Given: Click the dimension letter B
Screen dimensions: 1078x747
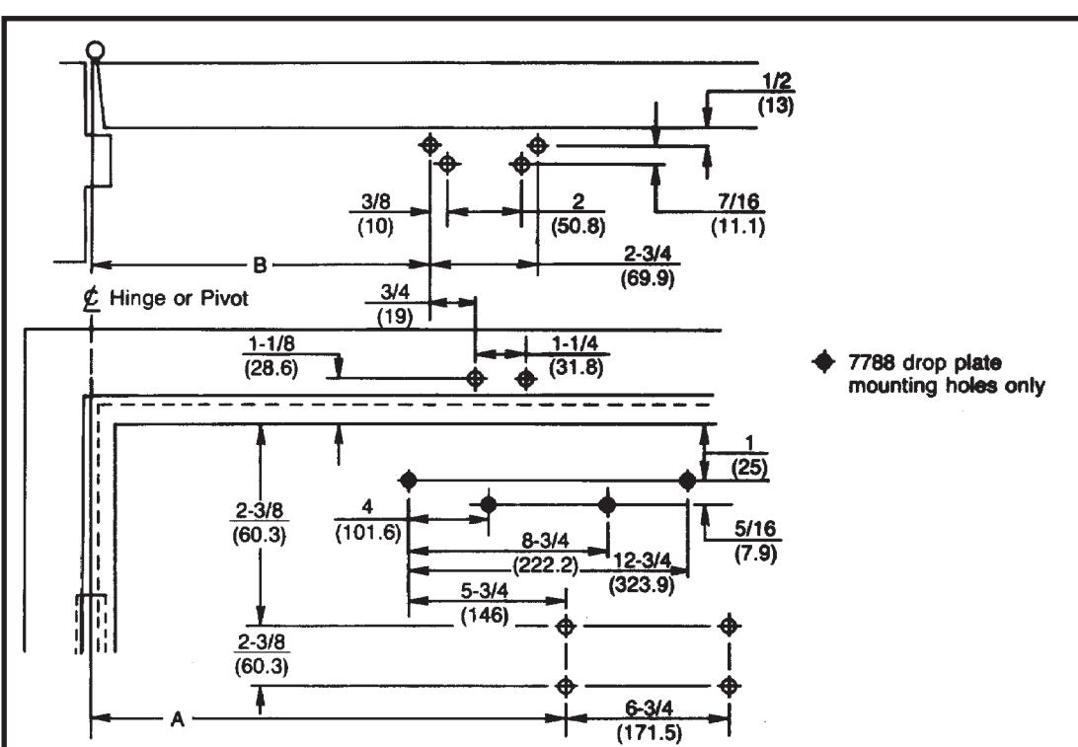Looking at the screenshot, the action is tap(260, 264).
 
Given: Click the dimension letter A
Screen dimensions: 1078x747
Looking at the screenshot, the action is tap(178, 719).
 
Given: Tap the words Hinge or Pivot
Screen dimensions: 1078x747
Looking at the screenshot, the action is tap(179, 298).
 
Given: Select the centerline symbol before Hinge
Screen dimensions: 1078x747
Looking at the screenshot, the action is tap(91, 299).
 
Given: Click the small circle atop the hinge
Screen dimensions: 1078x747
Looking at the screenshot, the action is tap(96, 51).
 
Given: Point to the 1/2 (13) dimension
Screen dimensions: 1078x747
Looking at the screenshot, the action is tap(776, 93).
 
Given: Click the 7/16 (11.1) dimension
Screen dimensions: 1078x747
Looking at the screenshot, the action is tap(738, 214).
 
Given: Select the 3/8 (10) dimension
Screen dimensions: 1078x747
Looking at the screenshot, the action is tap(375, 214).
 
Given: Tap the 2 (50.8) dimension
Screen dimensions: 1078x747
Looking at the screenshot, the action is tap(578, 214).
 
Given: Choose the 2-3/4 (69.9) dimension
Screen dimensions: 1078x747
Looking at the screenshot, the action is tap(647, 266).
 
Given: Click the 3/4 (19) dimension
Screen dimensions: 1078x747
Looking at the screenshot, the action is tap(395, 305).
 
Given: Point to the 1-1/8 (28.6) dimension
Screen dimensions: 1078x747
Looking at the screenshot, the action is tap(271, 356).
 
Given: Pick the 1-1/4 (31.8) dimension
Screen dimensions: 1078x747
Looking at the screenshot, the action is tap(577, 356).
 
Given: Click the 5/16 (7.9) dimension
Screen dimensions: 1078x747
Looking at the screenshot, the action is tap(755, 541).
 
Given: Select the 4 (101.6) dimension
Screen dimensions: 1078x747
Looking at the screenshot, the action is tap(368, 520).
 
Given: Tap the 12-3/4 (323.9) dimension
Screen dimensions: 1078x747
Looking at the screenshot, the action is tap(642, 572).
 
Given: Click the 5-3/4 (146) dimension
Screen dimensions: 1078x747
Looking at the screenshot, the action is tap(485, 602).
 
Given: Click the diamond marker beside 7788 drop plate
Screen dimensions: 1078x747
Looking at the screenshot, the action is tap(823, 361).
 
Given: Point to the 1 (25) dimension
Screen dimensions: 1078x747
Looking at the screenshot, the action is tap(749, 456).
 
